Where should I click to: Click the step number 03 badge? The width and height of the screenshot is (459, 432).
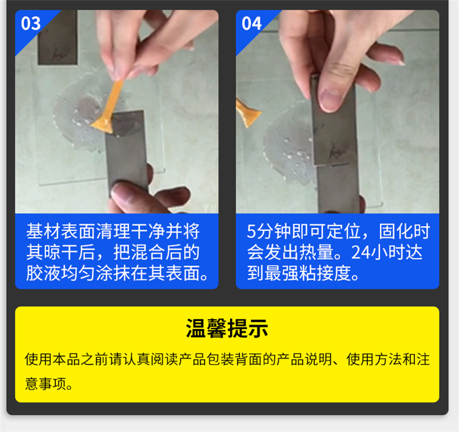31,23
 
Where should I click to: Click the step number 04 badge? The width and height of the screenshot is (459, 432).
252,23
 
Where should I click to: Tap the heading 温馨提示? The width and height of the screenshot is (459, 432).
227,328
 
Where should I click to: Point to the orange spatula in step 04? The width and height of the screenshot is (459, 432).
247,113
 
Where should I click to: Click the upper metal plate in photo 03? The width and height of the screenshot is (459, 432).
58,37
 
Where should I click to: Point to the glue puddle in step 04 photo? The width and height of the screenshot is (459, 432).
290,150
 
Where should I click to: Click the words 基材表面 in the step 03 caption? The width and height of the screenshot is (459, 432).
61,231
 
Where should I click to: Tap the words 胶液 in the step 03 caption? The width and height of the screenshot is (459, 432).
43,273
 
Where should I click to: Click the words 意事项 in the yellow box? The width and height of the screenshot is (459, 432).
46,384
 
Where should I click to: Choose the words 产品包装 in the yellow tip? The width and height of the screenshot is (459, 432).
206,359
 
